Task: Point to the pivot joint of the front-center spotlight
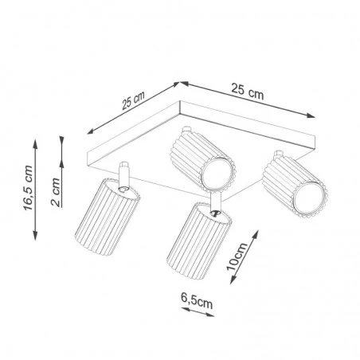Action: pyautogui.click(x=216, y=214)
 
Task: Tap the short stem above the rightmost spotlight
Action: pyautogui.click(x=279, y=154)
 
